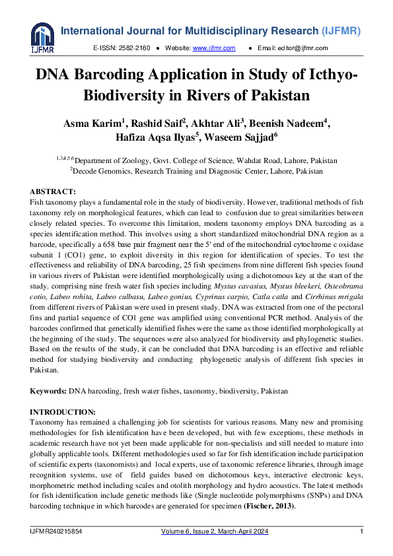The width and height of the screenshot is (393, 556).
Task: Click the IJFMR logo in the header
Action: [41, 38]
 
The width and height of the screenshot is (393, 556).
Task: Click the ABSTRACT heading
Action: [53, 191]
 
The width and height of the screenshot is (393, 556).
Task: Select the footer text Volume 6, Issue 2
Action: [189, 532]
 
